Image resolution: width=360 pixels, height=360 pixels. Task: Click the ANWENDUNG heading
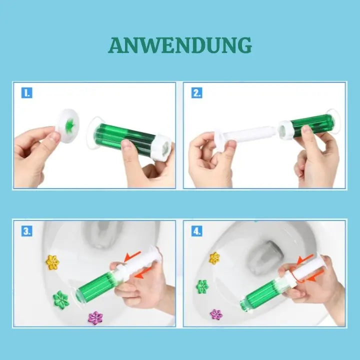[180, 45]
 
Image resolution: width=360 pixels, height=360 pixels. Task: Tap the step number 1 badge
[27, 92]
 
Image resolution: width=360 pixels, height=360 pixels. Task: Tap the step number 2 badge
[197, 92]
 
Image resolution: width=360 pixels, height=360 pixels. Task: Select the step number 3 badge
[27, 231]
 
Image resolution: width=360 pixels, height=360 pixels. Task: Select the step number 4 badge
[197, 231]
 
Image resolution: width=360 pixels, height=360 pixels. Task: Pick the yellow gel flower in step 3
[52, 262]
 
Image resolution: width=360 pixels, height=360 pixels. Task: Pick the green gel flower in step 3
[61, 299]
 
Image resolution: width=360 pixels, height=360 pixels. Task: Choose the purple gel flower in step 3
[95, 317]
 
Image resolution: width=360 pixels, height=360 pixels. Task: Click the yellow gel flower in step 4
[214, 258]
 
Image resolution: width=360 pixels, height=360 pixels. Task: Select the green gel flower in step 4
[202, 286]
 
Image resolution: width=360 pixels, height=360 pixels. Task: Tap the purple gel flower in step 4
[216, 314]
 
